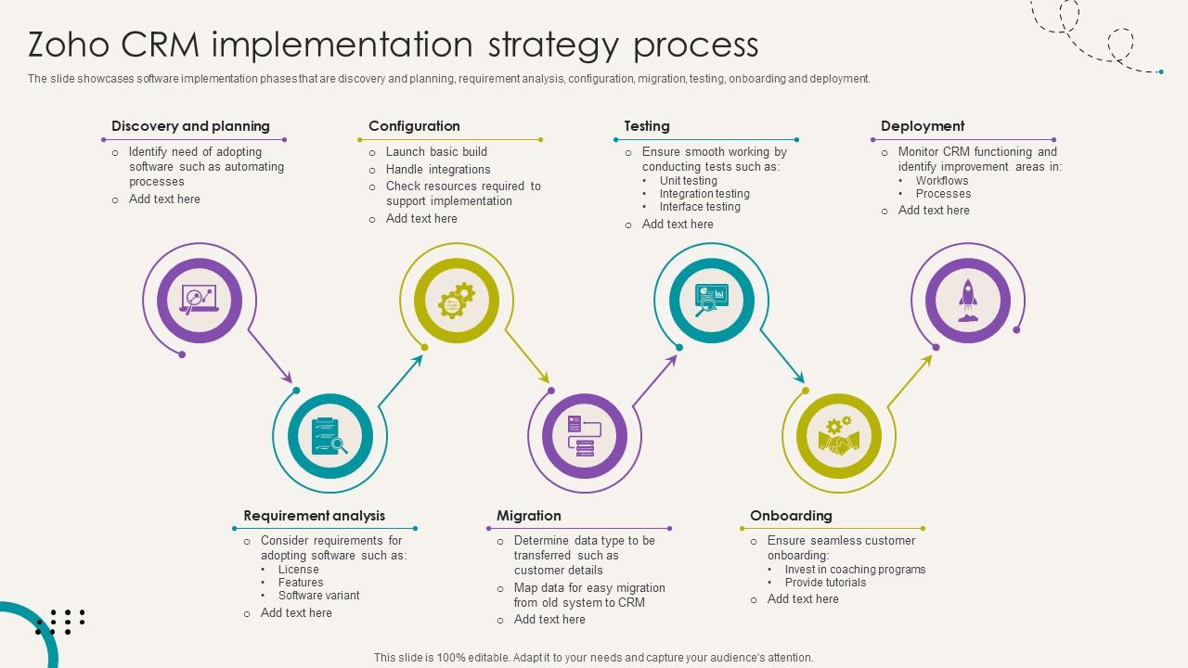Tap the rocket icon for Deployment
968,301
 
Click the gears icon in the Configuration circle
457,301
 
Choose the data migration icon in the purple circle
585,436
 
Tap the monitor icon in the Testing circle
712,299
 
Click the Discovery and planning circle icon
200,300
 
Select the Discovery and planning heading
190,126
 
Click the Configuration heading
414,126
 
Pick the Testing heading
647,126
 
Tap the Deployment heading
923,126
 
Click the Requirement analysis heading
314,516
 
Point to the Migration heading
529,516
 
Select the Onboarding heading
791,516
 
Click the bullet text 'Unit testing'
688,181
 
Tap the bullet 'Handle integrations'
438,170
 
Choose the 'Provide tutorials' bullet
825,583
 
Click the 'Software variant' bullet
318,596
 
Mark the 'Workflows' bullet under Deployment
941,181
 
